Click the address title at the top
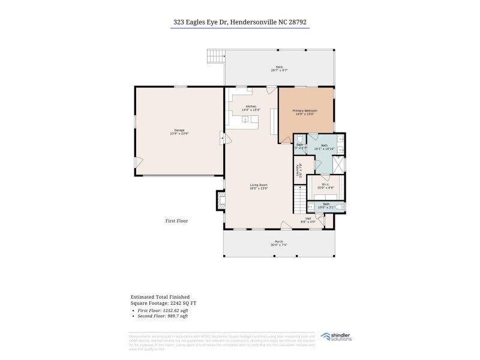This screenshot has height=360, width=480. [240, 22]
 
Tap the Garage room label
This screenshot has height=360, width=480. [179, 132]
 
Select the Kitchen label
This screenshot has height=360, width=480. [250, 108]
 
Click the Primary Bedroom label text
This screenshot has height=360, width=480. [304, 112]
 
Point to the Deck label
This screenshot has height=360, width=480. [279, 68]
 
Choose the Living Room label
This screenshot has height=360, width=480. [259, 186]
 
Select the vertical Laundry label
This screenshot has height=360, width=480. [298, 171]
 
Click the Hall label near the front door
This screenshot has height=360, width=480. [308, 220]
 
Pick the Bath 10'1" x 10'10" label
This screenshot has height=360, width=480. [324, 147]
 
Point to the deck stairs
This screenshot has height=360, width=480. [215, 56]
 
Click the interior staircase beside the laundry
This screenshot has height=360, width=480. [299, 199]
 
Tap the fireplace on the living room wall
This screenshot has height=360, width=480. [220, 200]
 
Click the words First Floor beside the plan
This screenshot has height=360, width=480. [176, 221]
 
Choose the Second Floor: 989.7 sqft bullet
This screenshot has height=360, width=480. [163, 316]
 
